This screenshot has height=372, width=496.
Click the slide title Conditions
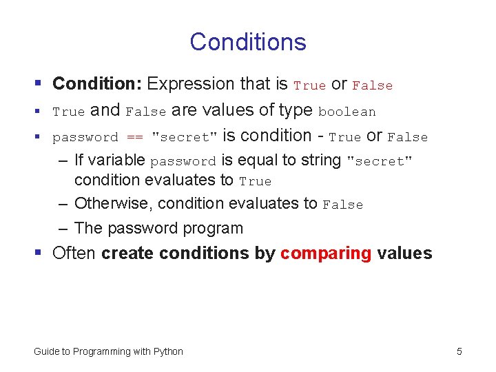248,42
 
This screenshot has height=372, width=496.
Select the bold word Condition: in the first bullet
97,84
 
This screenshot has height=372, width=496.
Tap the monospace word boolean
347,112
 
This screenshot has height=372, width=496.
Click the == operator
134,137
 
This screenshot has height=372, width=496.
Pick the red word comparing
326,253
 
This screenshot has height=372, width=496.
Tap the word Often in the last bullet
74,253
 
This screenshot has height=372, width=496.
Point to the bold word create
129,253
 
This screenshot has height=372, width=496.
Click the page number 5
459,351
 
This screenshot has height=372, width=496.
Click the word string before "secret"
321,161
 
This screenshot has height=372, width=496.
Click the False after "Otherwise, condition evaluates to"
342,205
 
